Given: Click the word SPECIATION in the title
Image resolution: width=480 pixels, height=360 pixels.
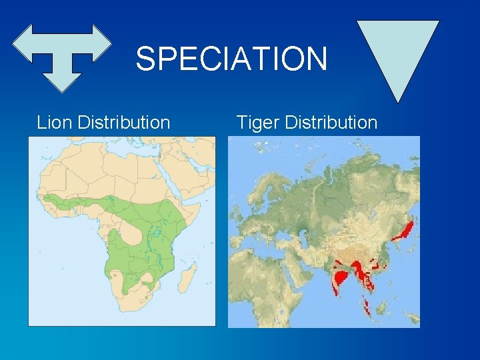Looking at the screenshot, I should coord(231,59).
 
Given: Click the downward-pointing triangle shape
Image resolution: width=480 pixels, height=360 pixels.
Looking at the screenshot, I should coord(398,56).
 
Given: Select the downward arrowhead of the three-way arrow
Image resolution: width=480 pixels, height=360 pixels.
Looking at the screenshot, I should coord(62,79).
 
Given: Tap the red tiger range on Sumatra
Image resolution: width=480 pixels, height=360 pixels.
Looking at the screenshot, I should coord(365,306).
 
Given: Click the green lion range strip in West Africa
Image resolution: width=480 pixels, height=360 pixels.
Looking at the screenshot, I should coord(73,201).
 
